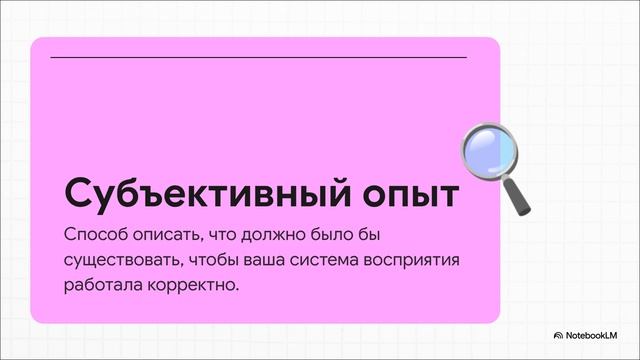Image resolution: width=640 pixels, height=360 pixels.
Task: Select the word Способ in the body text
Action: tap(92, 236)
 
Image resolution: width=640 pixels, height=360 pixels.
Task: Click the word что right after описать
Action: tap(226, 236)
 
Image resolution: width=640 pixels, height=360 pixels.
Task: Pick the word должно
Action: tap(284, 236)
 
